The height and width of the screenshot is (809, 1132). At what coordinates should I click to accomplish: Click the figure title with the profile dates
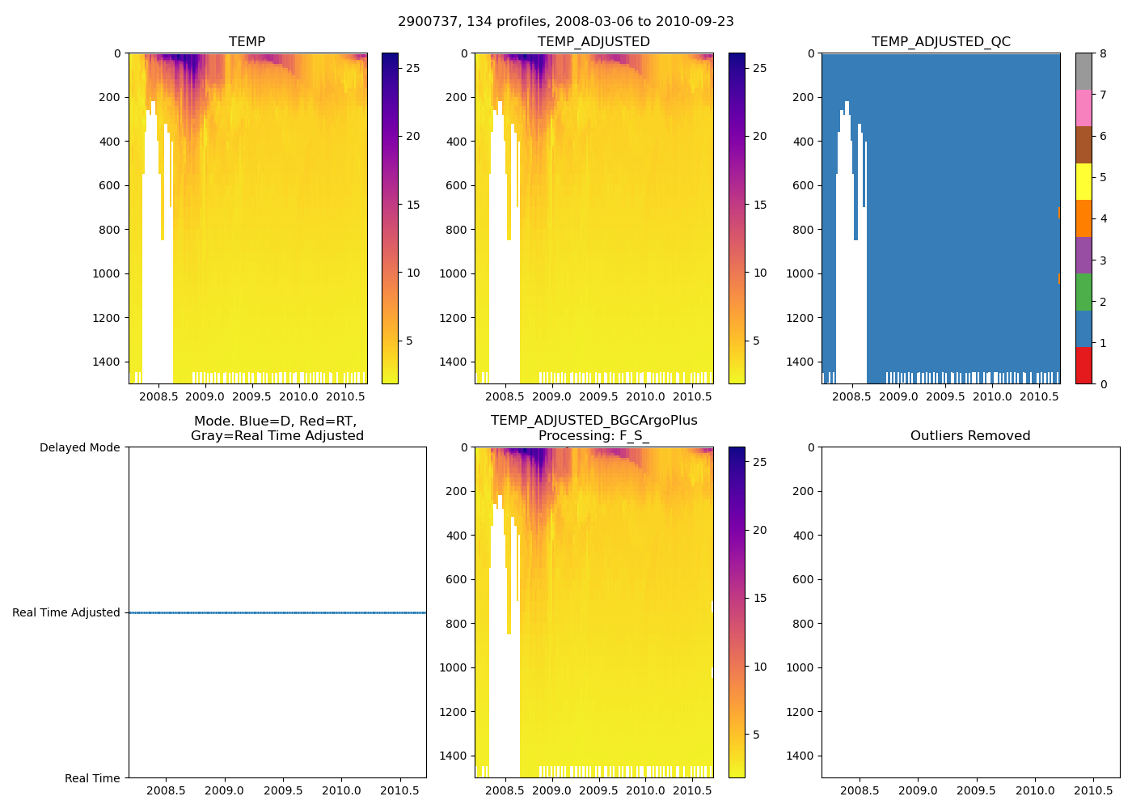(566, 22)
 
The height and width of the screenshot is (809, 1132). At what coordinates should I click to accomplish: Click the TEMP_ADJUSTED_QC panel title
(940, 42)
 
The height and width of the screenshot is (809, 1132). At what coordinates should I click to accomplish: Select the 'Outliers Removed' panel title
(970, 436)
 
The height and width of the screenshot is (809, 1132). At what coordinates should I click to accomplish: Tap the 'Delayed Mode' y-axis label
(79, 447)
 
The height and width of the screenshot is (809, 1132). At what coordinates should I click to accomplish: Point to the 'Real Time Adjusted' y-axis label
(66, 612)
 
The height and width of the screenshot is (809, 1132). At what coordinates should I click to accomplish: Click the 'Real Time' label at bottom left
(92, 778)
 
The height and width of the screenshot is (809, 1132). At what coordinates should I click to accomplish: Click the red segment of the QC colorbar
(1083, 366)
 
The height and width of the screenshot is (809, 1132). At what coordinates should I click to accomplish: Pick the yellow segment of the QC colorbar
(1083, 181)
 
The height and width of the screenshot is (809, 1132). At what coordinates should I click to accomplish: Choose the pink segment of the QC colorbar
(1083, 108)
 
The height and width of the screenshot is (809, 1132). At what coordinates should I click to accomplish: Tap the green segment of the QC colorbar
(1083, 292)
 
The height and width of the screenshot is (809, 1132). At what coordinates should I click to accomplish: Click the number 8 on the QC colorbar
(1104, 53)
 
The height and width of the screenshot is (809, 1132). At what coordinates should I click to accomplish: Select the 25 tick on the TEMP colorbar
(413, 68)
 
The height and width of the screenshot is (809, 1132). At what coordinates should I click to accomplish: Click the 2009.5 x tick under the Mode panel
(283, 790)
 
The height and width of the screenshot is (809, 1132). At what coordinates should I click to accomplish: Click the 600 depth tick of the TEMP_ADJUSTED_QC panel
(803, 185)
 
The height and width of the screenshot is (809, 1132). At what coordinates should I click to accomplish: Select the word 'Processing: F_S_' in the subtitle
(593, 436)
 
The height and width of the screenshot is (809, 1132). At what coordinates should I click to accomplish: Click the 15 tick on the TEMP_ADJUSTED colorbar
(760, 205)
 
